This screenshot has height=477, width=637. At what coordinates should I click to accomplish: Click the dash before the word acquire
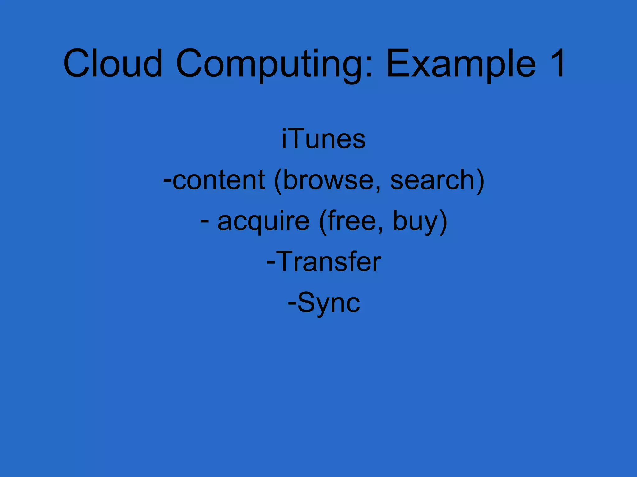tap(204, 221)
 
